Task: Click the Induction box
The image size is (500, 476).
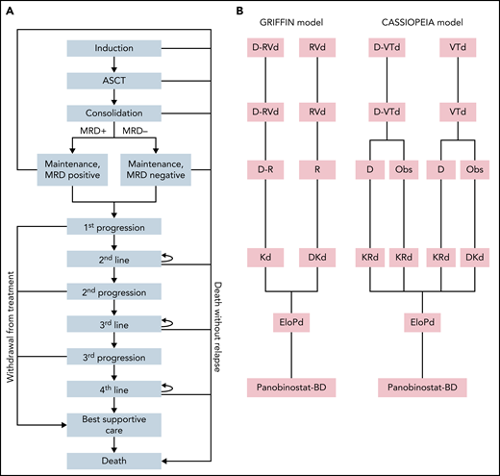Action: pos(114,48)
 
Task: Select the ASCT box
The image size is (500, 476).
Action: pos(114,81)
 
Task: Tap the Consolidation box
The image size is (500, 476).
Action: pos(114,113)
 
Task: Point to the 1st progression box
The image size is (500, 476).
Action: pos(114,227)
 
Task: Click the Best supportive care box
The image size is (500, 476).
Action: pos(114,426)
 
